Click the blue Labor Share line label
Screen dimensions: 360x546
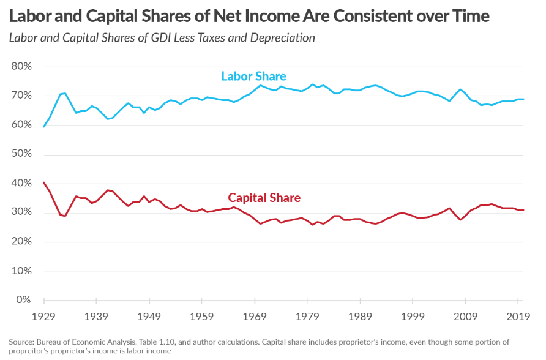coord(253,77)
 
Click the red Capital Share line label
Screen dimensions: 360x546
coord(264,198)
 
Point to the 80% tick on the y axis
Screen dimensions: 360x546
coord(22,66)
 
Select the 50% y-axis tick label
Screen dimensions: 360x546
coord(22,154)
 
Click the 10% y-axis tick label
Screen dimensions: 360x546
coord(22,271)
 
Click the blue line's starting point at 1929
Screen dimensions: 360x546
coord(44,127)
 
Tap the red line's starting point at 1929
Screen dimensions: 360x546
coord(44,182)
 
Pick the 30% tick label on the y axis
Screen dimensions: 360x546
coord(22,212)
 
